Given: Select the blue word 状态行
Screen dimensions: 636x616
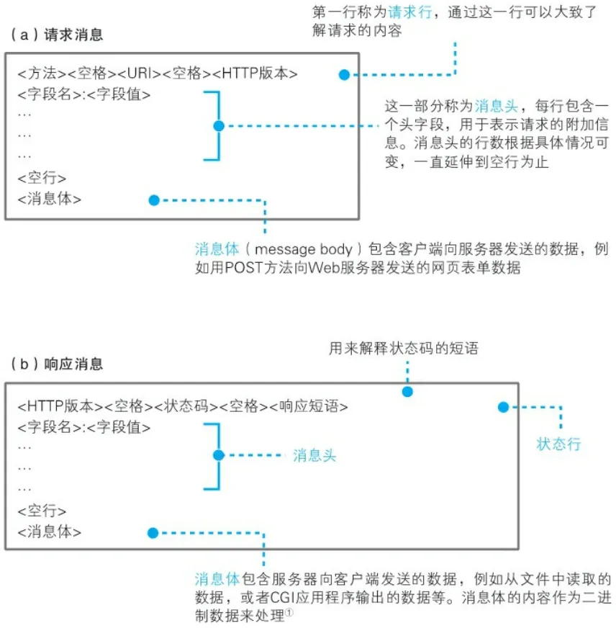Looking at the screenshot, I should (x=558, y=444).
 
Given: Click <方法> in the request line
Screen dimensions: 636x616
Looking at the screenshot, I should (x=42, y=74).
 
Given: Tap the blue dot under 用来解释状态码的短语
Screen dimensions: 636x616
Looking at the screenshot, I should (x=407, y=393).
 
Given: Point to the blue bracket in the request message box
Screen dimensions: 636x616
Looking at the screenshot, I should (x=212, y=125).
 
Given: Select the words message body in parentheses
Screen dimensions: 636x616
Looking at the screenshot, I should (x=306, y=250).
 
